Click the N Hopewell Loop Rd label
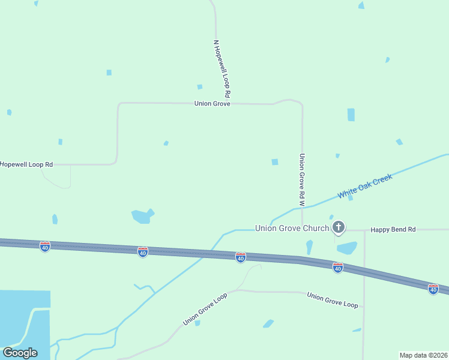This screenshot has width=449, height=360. [x=221, y=70]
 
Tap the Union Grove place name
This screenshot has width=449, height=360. [x=212, y=104]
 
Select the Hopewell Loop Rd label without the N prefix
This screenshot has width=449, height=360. [x=26, y=164]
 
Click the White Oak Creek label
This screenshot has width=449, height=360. [x=365, y=187]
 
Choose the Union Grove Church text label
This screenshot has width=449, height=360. [x=292, y=228]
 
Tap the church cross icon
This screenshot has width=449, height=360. [x=339, y=227]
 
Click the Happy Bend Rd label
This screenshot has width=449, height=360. [x=393, y=230]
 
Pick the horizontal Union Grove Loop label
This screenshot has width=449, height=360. [x=332, y=300]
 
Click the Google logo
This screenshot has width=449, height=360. [x=20, y=353]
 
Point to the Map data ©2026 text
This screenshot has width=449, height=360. [x=423, y=355]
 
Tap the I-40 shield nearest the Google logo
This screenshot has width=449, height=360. [x=44, y=246]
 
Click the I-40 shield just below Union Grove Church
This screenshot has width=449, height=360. [x=240, y=257]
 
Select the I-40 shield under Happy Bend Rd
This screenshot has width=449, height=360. [x=433, y=289]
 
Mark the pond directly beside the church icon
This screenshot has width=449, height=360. [x=347, y=248]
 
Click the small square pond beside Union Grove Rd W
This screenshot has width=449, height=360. [x=275, y=162]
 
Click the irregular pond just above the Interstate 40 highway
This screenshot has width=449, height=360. [x=142, y=216]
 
